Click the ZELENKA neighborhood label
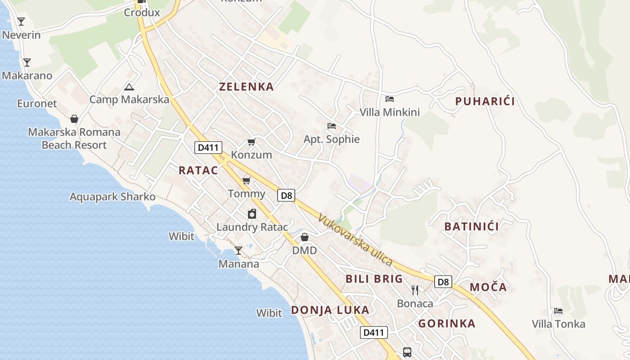246,87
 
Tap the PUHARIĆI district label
485,101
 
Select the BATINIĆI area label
471,226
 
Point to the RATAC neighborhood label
198,171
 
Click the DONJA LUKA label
330,310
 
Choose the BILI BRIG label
374,279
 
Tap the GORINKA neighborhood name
446,324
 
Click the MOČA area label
488,287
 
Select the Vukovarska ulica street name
355,240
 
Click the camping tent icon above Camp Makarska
129,87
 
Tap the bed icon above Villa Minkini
390,99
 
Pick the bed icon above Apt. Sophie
332,126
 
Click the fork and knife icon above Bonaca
415,290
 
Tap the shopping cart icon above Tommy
246,181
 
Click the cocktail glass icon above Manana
238,251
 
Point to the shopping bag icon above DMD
305,237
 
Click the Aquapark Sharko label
112,197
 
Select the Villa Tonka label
558,324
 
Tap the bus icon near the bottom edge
407,352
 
